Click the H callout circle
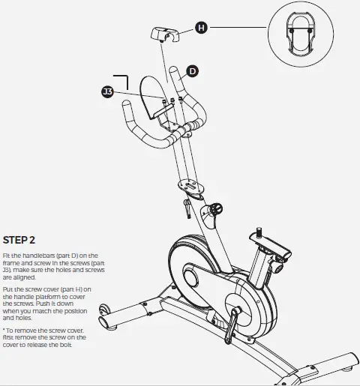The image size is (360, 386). coord(200,28)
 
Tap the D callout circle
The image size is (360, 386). coord(192,71)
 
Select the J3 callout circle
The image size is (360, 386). coord(108,91)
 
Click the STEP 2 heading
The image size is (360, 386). coord(19,240)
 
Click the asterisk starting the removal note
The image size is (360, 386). coord(4,330)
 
